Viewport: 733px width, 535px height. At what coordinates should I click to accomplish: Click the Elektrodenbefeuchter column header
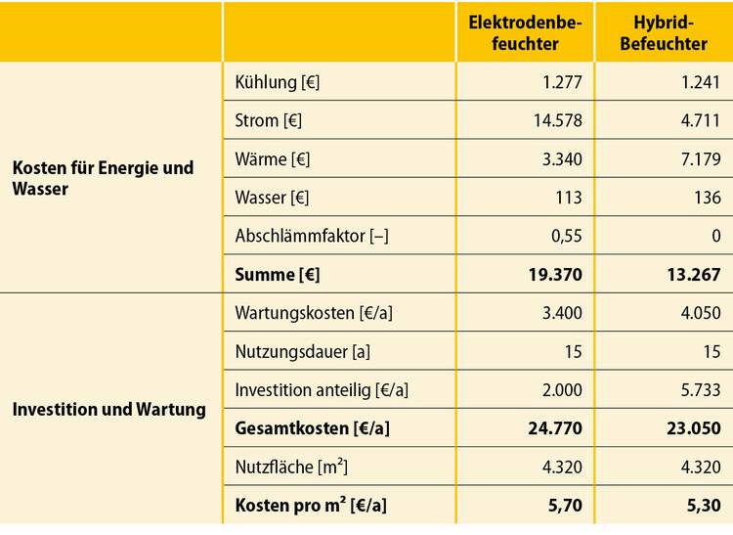pos(526,32)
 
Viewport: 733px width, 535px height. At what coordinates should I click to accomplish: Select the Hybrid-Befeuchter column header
pos(664,32)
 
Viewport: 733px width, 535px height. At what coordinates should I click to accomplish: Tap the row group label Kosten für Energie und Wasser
pos(103,178)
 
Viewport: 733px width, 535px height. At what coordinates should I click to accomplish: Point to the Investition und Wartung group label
pos(108,409)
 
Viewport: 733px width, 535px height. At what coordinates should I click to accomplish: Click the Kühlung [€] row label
pos(278,83)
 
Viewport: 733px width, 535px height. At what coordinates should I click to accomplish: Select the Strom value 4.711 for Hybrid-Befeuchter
pos(700,121)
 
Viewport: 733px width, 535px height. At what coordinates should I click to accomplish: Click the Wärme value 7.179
pos(700,159)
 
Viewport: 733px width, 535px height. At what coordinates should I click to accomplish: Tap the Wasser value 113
pos(568,198)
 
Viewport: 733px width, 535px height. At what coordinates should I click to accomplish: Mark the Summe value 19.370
pos(554,275)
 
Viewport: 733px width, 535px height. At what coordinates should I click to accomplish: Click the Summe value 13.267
pos(693,275)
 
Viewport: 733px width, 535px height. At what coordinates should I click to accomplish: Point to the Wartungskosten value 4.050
pos(699,313)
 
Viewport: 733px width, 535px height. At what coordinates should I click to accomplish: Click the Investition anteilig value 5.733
pos(699,389)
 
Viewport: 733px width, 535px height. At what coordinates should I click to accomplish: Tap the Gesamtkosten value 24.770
pos(554,428)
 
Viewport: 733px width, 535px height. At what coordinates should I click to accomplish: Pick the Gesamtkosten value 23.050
pos(693,428)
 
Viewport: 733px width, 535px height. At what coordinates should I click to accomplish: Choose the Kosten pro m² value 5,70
pos(565,506)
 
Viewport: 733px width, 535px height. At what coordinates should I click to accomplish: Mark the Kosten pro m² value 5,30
pos(704,506)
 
